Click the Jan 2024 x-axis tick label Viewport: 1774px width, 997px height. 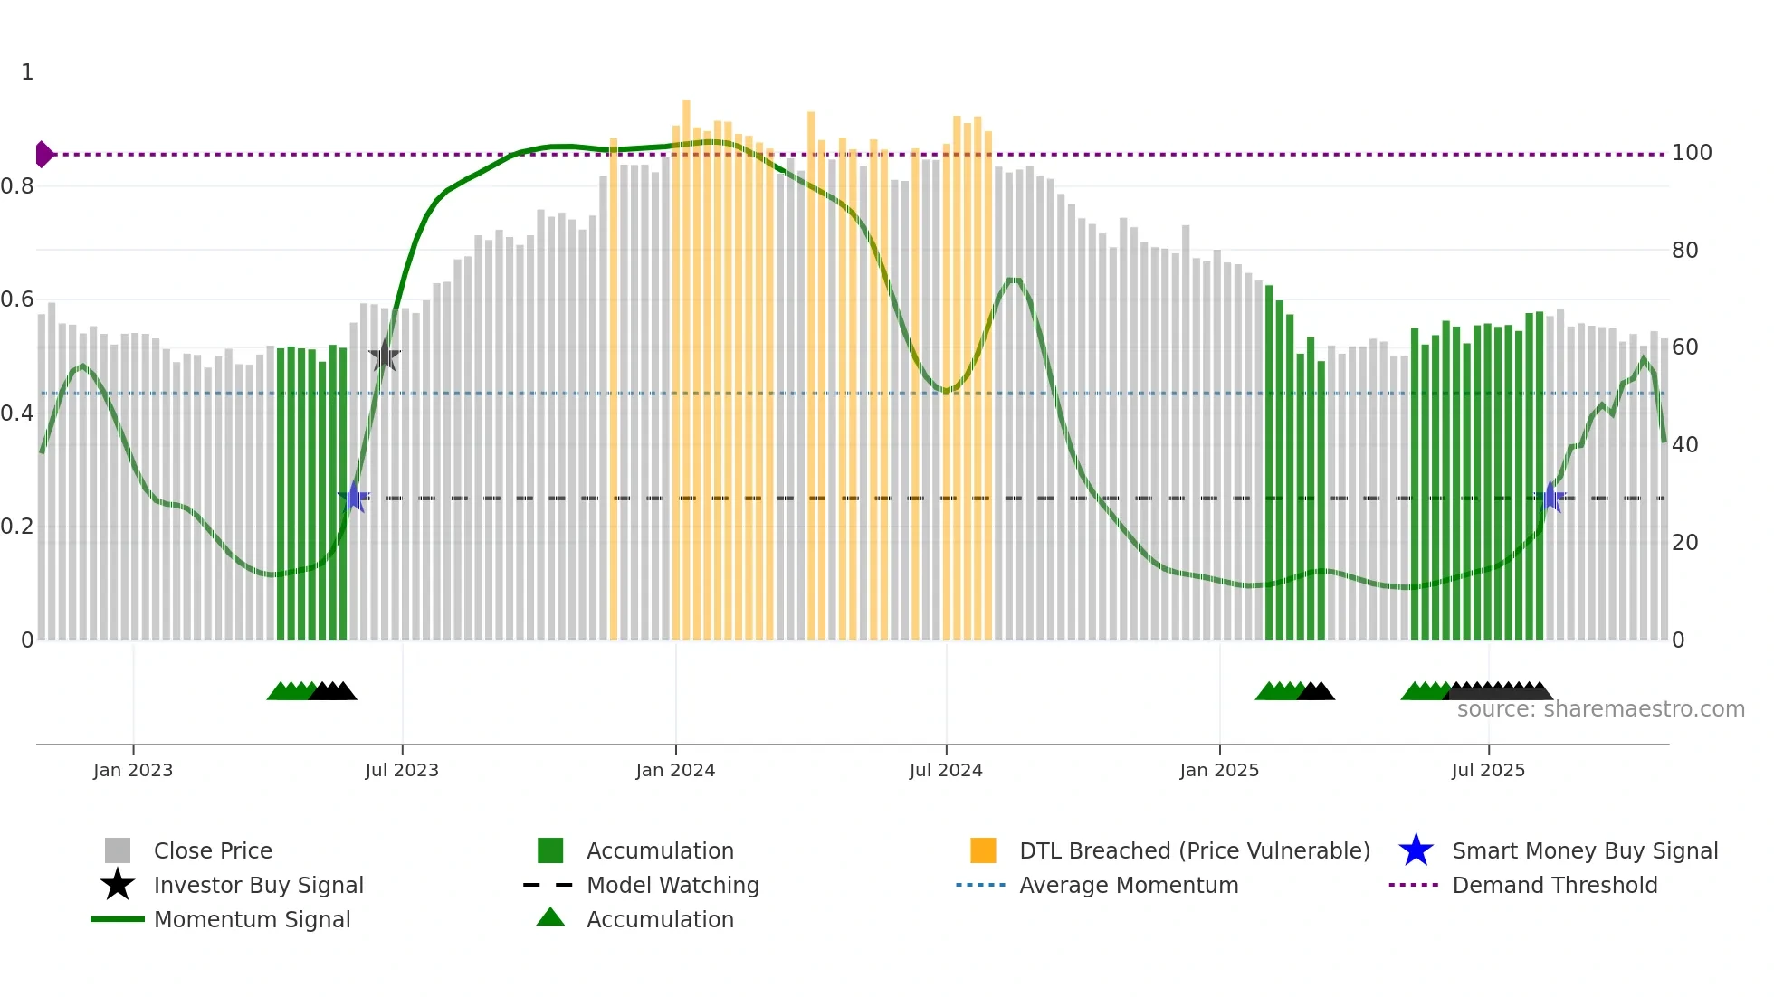click(x=675, y=770)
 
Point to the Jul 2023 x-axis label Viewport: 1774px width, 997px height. click(x=402, y=770)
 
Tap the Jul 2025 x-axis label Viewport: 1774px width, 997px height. click(x=1488, y=770)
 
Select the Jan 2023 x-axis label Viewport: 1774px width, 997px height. click(x=133, y=770)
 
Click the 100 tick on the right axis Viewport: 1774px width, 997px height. click(x=1692, y=153)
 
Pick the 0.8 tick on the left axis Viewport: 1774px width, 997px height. click(x=18, y=186)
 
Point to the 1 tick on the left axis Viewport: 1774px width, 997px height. click(x=27, y=72)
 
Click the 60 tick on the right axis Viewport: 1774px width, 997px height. click(x=1684, y=347)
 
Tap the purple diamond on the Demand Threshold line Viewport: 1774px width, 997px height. click(x=43, y=155)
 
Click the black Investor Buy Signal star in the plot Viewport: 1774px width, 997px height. click(x=385, y=356)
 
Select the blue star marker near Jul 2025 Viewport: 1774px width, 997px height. click(x=1550, y=497)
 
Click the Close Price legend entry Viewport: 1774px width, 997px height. click(x=213, y=850)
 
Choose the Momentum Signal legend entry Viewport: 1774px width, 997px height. click(x=252, y=919)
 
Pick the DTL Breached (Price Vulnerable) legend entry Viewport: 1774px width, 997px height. click(x=1194, y=850)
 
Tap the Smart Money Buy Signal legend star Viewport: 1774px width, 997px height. click(x=1416, y=850)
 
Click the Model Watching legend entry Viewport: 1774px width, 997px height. click(x=672, y=885)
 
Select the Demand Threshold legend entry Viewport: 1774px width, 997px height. click(x=1554, y=885)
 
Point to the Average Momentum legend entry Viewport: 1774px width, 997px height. click(x=1129, y=885)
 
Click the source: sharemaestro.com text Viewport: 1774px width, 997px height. click(x=1600, y=709)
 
